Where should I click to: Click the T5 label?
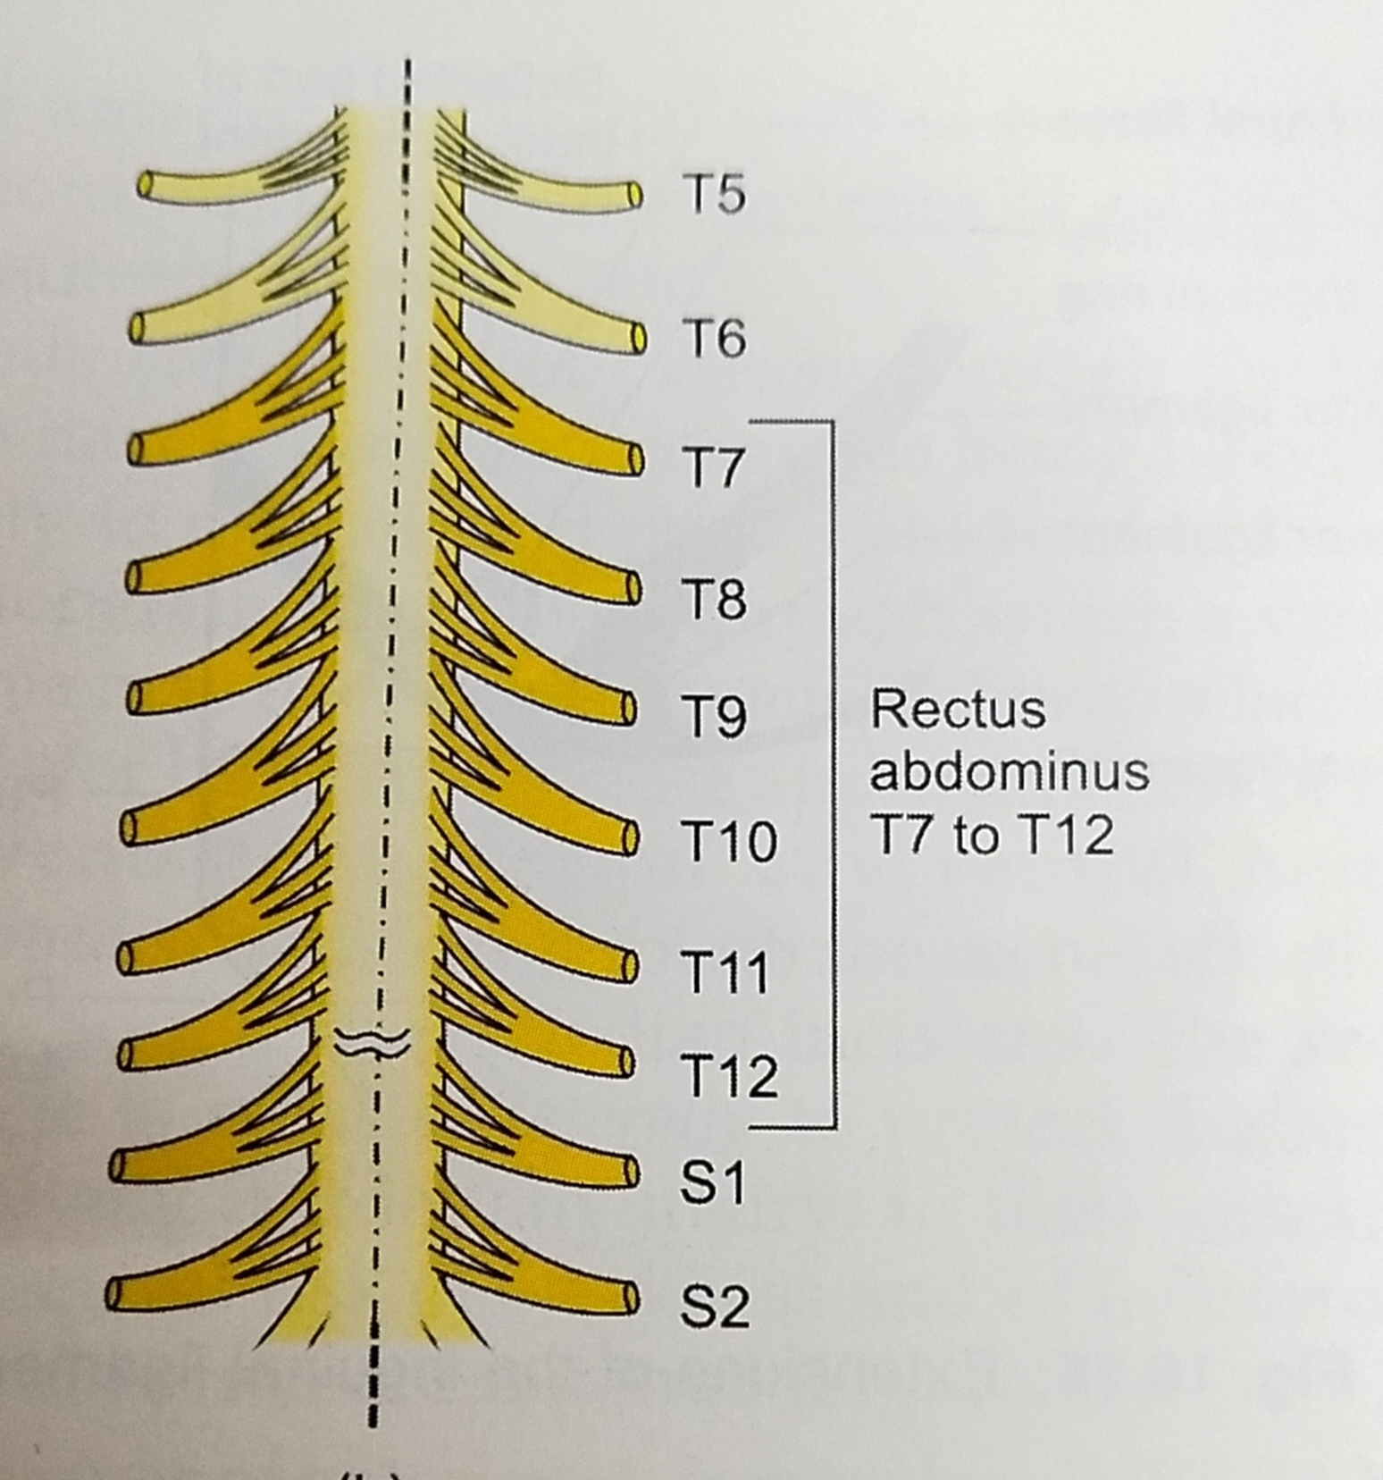(x=713, y=194)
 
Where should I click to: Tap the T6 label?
(x=713, y=339)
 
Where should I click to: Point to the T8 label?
(x=713, y=599)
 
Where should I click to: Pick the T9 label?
(x=713, y=718)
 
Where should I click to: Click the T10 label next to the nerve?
(x=728, y=842)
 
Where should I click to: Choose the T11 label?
(x=725, y=972)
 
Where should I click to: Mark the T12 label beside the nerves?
(x=728, y=1076)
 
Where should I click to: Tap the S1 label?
(x=711, y=1183)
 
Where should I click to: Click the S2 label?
(x=713, y=1308)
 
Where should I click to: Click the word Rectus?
(x=957, y=710)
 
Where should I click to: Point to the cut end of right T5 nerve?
(x=634, y=194)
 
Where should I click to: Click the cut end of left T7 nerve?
(x=134, y=449)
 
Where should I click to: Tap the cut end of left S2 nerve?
(x=114, y=1294)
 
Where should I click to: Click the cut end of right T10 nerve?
(x=631, y=837)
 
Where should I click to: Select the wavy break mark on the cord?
(x=373, y=1041)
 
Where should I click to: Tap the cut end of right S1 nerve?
(x=633, y=1171)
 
